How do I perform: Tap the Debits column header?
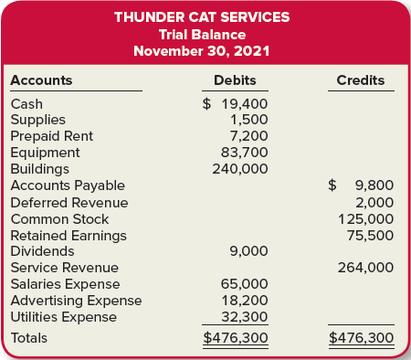click(x=235, y=80)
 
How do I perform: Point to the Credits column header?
click(x=361, y=80)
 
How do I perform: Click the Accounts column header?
click(x=41, y=80)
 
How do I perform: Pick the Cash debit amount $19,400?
click(x=235, y=104)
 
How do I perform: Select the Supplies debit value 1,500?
click(x=248, y=120)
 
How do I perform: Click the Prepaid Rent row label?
click(x=51, y=136)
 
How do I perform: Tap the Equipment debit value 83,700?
click(x=245, y=153)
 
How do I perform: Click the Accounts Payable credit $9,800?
click(x=362, y=185)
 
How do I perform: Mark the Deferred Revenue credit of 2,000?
click(x=374, y=202)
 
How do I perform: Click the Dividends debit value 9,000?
click(x=248, y=251)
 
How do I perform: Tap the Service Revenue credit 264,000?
click(x=365, y=268)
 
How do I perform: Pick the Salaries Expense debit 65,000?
click(x=245, y=284)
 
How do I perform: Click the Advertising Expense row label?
click(x=77, y=301)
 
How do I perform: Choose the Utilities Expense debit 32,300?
click(x=245, y=317)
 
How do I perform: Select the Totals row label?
click(x=28, y=338)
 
